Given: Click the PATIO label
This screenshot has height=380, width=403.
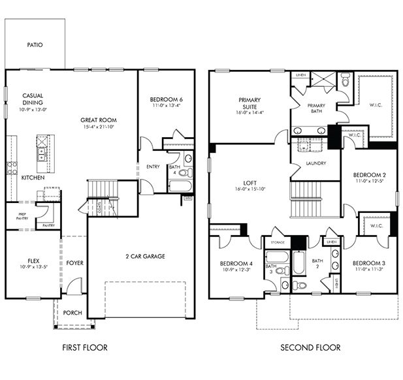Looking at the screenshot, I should click(x=35, y=45).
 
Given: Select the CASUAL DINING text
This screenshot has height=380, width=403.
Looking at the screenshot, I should click(x=33, y=99).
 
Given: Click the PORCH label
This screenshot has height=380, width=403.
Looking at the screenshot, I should click(x=73, y=313).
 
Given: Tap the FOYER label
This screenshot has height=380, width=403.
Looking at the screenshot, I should click(x=74, y=263).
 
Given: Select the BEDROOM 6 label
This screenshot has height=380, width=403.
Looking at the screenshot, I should click(x=167, y=99).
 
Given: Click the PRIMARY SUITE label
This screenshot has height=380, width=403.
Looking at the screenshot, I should click(x=249, y=104).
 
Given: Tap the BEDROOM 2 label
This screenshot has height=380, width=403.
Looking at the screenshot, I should click(x=370, y=175).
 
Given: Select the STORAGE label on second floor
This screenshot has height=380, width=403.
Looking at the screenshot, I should click(x=277, y=242).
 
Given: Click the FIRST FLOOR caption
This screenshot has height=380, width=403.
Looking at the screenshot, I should click(x=85, y=348).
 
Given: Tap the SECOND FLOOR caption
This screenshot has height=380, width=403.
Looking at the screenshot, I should click(x=310, y=348).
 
